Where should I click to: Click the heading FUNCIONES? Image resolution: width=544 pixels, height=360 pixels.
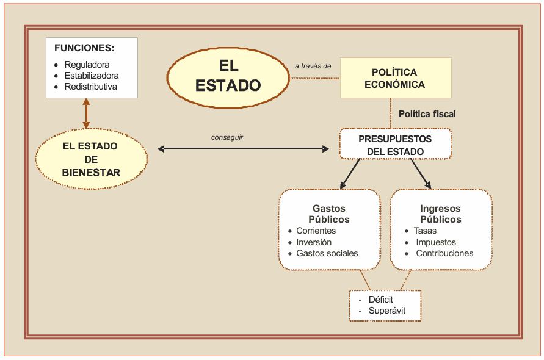[84, 48]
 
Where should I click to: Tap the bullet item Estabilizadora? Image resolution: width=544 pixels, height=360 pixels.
[92, 76]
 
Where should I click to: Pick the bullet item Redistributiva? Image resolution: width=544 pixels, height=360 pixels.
[91, 87]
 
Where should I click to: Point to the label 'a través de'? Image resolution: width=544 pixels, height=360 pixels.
[313, 65]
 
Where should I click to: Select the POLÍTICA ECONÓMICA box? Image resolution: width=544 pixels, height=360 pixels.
[395, 78]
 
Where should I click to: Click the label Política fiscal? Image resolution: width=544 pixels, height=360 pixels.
[427, 114]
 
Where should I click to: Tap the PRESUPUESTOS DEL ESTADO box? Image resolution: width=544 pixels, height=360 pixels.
[395, 145]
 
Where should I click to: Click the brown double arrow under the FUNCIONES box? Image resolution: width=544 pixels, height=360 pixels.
[86, 113]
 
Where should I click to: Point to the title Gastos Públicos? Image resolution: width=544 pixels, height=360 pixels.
[329, 214]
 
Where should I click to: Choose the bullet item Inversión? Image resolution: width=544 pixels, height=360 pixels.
[314, 242]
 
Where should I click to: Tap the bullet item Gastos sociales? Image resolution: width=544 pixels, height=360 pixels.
[327, 253]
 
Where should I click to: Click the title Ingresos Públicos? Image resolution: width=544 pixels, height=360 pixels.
[440, 214]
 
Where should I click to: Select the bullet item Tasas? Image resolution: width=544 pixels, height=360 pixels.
[425, 231]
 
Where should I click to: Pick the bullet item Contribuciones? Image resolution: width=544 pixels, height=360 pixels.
[444, 253]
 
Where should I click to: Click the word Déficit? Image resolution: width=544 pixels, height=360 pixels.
[381, 300]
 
